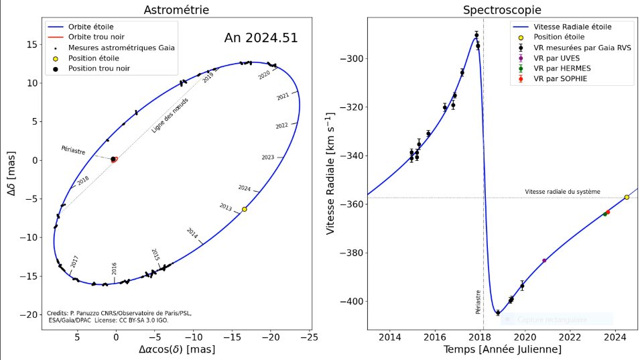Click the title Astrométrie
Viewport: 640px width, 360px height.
point(176,9)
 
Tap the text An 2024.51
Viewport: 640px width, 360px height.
point(261,38)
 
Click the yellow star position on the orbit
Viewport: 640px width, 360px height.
point(245,209)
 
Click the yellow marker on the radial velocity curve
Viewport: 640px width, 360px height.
point(627,197)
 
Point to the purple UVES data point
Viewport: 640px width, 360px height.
point(544,260)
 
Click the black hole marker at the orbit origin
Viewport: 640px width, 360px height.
point(113,159)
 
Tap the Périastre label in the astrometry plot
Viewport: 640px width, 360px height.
point(73,150)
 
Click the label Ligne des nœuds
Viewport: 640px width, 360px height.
point(170,116)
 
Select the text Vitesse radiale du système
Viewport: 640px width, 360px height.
point(562,192)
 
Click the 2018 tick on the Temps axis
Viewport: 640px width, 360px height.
point(481,337)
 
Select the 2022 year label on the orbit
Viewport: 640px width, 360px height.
point(282,125)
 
